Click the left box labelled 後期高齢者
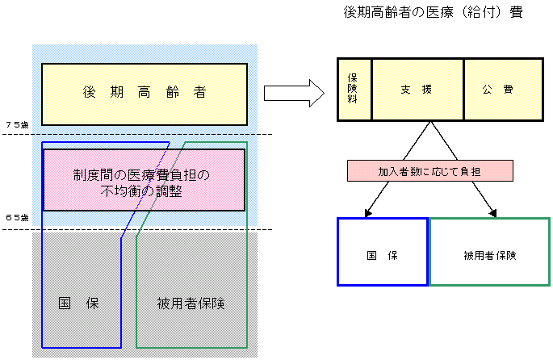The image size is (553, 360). click(x=145, y=94)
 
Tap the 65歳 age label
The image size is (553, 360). click(x=16, y=217)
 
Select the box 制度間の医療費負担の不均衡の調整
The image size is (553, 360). click(x=144, y=179)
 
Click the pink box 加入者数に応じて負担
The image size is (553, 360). click(x=430, y=171)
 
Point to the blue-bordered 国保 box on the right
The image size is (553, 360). click(x=383, y=252)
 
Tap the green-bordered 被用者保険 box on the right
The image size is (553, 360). click(x=489, y=252)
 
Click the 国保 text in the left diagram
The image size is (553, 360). click(x=78, y=303)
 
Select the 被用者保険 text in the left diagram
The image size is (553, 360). click(x=190, y=303)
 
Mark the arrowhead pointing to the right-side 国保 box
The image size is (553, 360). click(x=368, y=212)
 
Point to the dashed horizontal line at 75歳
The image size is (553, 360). click(x=137, y=134)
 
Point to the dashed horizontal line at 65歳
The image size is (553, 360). click(x=137, y=230)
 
